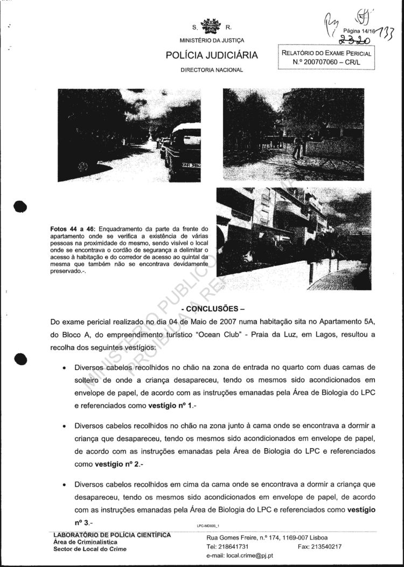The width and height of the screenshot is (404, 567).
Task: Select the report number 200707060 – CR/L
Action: coord(326,62)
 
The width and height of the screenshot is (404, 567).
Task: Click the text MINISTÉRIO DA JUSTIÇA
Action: coord(212,41)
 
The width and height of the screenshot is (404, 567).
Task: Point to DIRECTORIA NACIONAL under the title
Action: coord(212,70)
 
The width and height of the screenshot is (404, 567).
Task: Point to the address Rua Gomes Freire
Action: coord(233,537)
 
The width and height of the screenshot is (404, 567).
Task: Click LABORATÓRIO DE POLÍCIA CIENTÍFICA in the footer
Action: coord(112,535)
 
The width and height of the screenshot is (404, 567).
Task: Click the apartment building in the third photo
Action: coord(269,221)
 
